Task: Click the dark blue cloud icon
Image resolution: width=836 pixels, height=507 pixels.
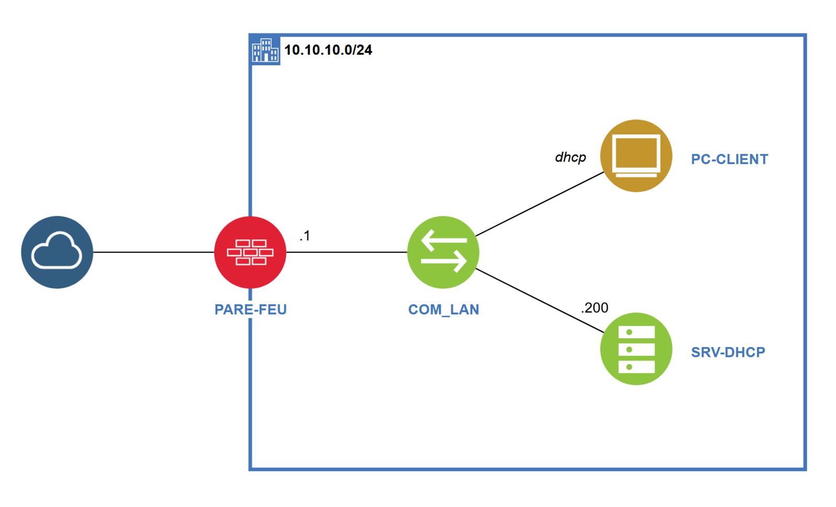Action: [x=57, y=252]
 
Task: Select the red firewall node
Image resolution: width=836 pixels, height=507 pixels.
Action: [x=250, y=252]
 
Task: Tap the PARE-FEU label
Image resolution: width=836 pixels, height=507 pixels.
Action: [x=250, y=309]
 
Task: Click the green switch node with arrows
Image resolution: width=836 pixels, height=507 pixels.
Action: [x=443, y=252]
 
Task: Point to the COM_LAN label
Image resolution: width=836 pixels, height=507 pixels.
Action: [x=443, y=309]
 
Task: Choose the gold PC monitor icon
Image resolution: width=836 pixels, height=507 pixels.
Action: [x=636, y=156]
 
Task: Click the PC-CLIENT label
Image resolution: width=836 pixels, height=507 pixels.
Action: [x=729, y=159]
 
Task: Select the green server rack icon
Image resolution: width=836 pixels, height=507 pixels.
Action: [x=636, y=349]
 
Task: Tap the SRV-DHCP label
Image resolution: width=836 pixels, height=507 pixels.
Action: [x=728, y=352]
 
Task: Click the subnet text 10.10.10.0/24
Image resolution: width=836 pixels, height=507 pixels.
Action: [x=328, y=50]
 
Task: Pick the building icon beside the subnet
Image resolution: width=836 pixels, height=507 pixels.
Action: [x=265, y=50]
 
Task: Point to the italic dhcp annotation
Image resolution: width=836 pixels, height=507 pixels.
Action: [x=570, y=157]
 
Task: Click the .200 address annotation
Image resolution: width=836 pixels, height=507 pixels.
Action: [x=595, y=308]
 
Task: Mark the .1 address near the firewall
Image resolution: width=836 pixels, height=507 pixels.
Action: [x=305, y=236]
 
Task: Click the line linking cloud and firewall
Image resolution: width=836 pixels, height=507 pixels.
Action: [x=154, y=252]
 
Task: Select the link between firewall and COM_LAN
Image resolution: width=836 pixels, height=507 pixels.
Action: [x=346, y=252]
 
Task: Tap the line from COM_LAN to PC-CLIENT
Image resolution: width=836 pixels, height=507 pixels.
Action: [x=539, y=204]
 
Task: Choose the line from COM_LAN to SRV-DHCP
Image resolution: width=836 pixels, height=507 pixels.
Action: [x=539, y=301]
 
